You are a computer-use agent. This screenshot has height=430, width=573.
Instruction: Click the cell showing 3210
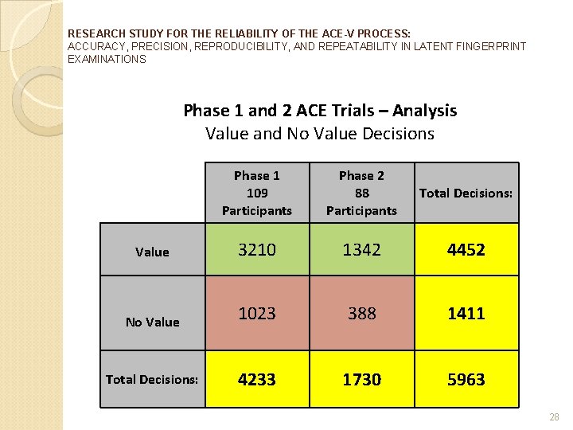coord(257,249)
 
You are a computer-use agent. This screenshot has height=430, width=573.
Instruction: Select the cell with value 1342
coord(362,249)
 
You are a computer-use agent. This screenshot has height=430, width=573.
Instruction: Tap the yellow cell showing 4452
coord(466,249)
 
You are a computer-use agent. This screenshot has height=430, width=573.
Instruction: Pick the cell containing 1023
coord(257,314)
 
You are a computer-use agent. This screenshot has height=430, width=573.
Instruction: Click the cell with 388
coord(362,314)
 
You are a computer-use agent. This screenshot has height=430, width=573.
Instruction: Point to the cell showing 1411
coord(466,314)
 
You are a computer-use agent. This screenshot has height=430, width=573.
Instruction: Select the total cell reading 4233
coord(257,380)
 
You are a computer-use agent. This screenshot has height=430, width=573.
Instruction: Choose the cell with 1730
coord(362,380)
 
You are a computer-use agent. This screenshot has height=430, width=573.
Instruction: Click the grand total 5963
coord(466,380)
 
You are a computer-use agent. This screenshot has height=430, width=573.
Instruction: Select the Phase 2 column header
coord(362,193)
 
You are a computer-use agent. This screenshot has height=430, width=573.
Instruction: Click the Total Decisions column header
coord(466,193)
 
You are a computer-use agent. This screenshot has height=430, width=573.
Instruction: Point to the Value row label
coord(152,252)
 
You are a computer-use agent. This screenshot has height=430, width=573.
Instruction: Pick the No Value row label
coord(152,322)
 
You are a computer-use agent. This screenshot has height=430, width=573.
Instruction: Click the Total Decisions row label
coord(152,379)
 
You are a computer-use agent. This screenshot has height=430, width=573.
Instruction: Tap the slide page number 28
coord(555,417)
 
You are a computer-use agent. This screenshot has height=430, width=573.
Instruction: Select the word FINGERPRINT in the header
coord(492,46)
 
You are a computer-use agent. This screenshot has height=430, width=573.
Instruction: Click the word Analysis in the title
coord(423,110)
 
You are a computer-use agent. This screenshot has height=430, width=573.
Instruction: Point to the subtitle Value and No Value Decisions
coord(320,133)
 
